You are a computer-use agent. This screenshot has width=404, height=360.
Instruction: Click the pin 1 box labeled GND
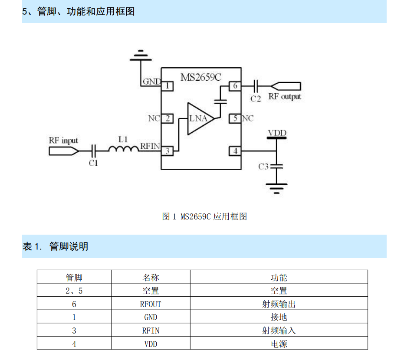coord(167,86)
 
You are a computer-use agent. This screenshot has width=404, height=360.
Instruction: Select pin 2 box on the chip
coord(167,118)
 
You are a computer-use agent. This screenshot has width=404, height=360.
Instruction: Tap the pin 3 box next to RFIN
coord(167,151)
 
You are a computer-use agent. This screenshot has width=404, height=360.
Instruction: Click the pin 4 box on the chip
coord(235,151)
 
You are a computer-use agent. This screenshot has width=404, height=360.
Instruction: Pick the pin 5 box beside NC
coord(235,118)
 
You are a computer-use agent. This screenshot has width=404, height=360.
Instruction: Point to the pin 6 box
coord(235,86)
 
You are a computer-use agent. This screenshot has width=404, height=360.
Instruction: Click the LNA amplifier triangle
coord(199,118)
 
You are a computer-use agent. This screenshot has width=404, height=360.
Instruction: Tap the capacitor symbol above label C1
coord(93,151)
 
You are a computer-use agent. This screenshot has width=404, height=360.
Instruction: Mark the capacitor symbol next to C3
coord(276,166)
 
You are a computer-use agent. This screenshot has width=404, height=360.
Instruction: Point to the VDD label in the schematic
coord(277,133)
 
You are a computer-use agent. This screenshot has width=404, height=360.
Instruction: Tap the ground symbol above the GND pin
coord(140,55)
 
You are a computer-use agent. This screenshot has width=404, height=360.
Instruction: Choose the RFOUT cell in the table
coord(151,304)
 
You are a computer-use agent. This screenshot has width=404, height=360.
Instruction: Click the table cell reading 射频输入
coord(279,331)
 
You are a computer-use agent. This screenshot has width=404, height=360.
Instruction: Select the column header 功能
coord(279,278)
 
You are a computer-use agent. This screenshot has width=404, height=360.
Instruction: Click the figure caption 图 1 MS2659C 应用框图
coord(204,216)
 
